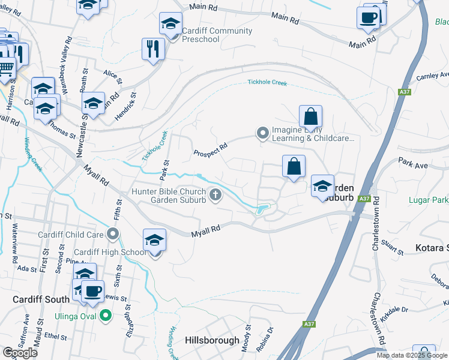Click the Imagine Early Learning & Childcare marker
coord(262,133)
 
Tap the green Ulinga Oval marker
coord(106,314)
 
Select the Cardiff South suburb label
coord(40,299)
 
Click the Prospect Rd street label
coord(210,149)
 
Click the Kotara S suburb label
coord(432,248)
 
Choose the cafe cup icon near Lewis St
coord(92,292)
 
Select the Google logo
coord(20,353)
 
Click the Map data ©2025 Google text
coord(412,355)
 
